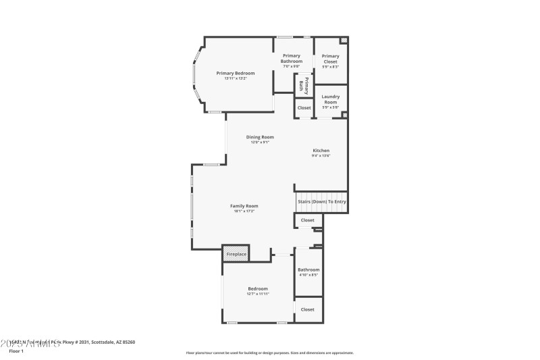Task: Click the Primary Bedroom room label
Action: click(236, 73)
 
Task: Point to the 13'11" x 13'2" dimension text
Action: click(236, 78)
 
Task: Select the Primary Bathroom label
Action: click(292, 58)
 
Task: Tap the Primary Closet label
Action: click(330, 59)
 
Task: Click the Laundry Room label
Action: click(330, 99)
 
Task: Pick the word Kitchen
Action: click(321, 150)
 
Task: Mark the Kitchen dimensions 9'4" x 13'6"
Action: click(321, 155)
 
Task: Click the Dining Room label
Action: click(260, 137)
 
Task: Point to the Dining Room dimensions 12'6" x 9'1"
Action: click(260, 143)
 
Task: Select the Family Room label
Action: click(244, 206)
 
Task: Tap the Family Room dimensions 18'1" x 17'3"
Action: click(244, 211)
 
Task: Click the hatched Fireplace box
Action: click(236, 255)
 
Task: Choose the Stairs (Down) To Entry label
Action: click(321, 201)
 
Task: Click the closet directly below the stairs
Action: click(307, 220)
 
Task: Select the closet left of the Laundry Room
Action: click(304, 108)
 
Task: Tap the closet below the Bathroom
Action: click(307, 309)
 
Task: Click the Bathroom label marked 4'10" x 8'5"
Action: click(308, 269)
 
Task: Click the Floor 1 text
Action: click(16, 351)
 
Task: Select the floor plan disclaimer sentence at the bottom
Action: click(269, 353)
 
